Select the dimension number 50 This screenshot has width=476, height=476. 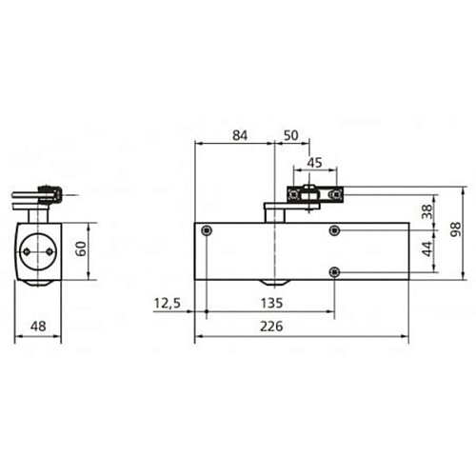point(290,136)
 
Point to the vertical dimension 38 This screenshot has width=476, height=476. point(426,213)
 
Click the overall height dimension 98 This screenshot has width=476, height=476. point(456,229)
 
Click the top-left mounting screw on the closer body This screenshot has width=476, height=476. point(207,230)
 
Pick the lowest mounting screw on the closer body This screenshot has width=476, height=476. point(334,272)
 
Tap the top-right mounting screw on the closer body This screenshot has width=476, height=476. point(334,230)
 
